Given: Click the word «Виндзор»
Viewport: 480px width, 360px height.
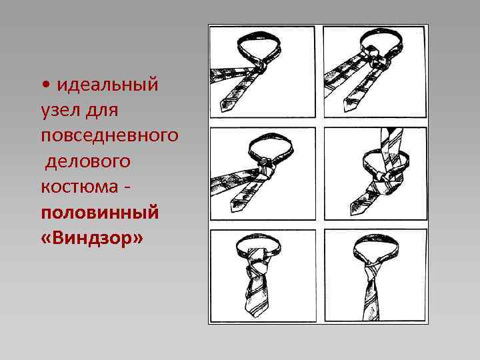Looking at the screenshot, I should pos(91,238).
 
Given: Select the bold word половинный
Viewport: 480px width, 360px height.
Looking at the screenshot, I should pos(99,213).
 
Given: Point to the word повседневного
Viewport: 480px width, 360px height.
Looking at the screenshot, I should pos(109,135).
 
